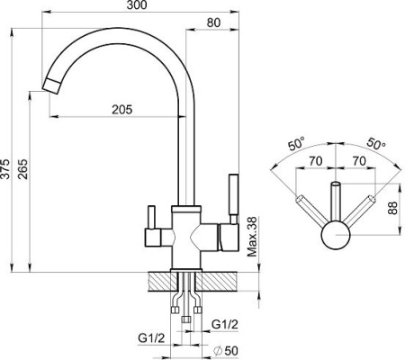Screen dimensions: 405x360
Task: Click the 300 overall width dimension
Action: tap(137, 5)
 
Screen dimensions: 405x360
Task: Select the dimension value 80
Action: tap(213, 22)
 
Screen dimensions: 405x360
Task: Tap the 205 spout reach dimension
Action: tap(122, 110)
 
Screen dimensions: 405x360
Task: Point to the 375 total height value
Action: tap(5, 169)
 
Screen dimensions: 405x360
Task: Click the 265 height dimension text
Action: tap(22, 169)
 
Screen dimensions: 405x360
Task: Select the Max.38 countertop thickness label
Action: tap(252, 237)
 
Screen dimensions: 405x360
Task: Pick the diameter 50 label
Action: tap(225, 350)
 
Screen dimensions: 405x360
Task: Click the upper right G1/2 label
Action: tap(225, 324)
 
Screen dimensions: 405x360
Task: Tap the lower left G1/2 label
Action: tap(151, 338)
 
